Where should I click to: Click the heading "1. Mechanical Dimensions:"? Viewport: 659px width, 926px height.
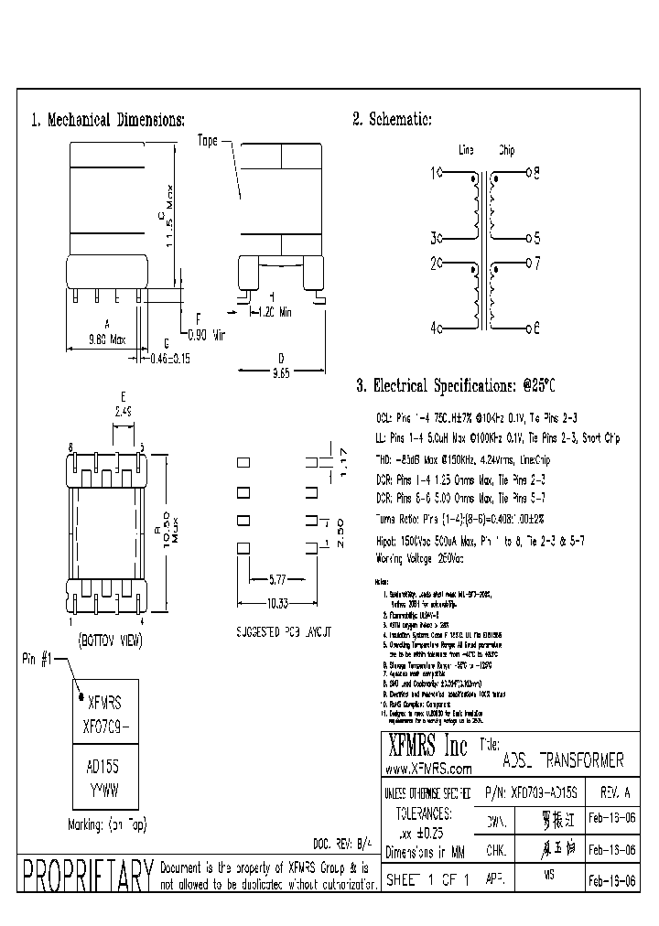(109, 120)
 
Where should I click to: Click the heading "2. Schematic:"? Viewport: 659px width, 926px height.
(392, 120)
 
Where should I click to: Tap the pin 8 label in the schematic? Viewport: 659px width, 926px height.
(536, 172)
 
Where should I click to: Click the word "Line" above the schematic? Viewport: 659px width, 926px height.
(465, 150)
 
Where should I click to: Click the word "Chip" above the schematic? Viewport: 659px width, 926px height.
(506, 150)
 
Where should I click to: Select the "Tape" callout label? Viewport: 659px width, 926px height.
(208, 141)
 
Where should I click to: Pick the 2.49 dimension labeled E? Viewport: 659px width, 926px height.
(122, 412)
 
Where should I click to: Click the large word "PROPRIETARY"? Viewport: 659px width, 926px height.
(87, 878)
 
